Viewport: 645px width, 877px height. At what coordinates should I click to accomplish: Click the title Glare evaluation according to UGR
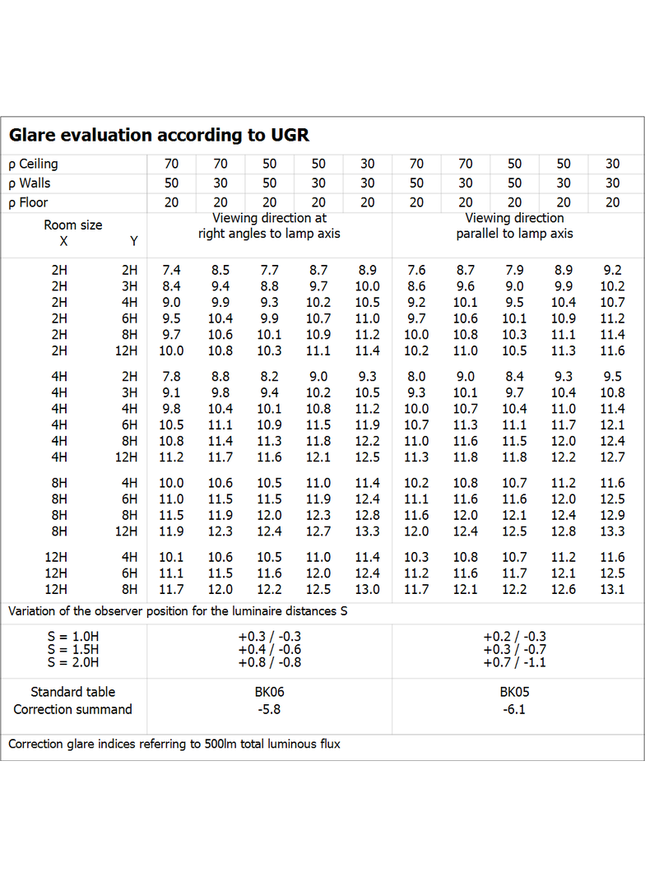tap(159, 135)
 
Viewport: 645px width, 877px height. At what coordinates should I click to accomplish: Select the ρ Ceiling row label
tap(33, 164)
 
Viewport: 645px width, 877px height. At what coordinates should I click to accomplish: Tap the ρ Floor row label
tap(28, 202)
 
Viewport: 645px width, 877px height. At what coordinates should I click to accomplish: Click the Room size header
tap(73, 225)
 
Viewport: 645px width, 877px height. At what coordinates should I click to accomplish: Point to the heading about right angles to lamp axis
tap(269, 225)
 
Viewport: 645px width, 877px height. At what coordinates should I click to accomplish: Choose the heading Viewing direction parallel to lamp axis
tap(515, 225)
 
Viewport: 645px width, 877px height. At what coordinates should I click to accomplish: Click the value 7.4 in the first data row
tap(171, 270)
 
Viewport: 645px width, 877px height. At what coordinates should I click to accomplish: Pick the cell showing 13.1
tap(613, 590)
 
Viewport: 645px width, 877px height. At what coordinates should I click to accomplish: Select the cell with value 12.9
tap(613, 515)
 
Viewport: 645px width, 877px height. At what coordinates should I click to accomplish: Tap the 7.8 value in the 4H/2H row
tap(171, 377)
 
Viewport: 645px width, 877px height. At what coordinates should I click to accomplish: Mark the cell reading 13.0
tap(368, 590)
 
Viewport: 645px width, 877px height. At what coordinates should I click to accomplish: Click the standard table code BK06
tap(270, 692)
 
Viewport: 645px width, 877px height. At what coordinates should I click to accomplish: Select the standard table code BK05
tap(515, 692)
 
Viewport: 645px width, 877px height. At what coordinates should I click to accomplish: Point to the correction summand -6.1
tap(514, 709)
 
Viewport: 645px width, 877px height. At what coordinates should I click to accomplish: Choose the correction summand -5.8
tap(269, 709)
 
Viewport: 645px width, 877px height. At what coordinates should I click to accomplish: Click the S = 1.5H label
tap(73, 649)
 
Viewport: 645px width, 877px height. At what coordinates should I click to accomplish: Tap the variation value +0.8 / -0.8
tap(270, 662)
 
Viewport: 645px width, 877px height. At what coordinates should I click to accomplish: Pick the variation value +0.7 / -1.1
tap(515, 662)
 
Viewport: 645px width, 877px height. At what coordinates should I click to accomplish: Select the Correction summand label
tap(72, 709)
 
